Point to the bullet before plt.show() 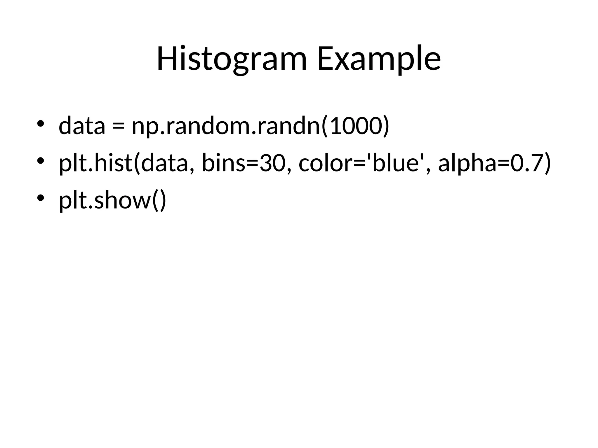click(40, 197)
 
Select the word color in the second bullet click(326, 163)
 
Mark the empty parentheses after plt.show click(159, 201)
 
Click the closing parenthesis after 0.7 click(547, 163)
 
